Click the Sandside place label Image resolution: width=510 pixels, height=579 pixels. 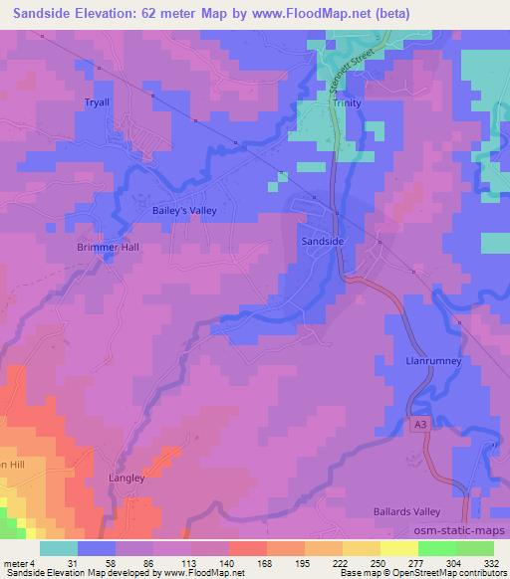click(x=323, y=242)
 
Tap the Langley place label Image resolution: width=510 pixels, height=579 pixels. click(x=127, y=478)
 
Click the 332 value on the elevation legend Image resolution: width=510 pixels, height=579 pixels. click(x=491, y=563)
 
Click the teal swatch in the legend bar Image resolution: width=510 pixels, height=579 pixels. click(x=59, y=548)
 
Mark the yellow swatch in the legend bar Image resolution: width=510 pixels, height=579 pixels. click(x=398, y=548)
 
